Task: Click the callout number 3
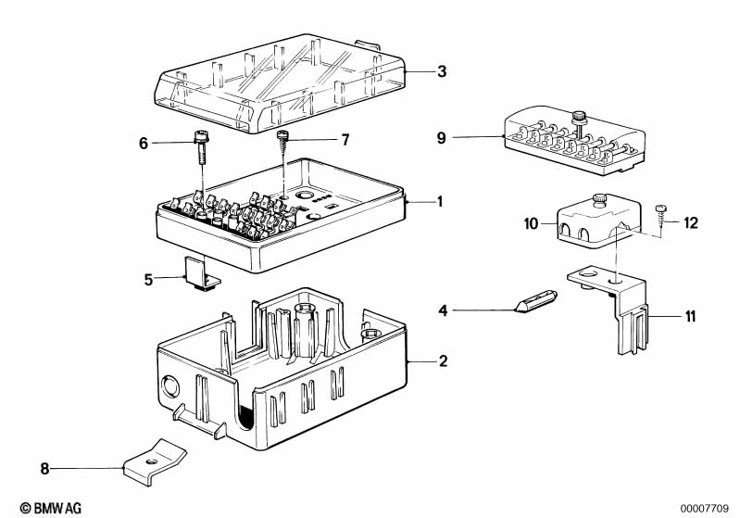pyautogui.click(x=442, y=71)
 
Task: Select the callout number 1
pyautogui.click(x=440, y=201)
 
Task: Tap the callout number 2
pyautogui.click(x=443, y=360)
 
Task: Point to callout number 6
pyautogui.click(x=144, y=143)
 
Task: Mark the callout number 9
pyautogui.click(x=442, y=139)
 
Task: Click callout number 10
pyautogui.click(x=530, y=223)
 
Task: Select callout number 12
pyautogui.click(x=691, y=223)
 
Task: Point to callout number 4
pyautogui.click(x=444, y=311)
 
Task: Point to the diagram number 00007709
pyautogui.click(x=705, y=508)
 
